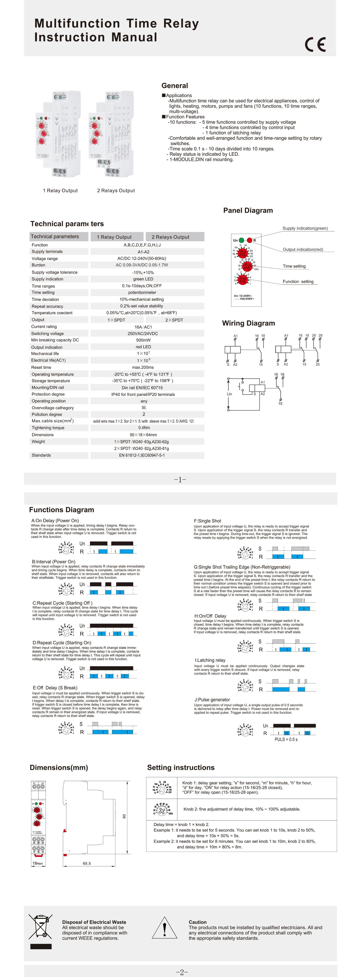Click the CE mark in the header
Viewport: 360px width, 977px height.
(x=315, y=45)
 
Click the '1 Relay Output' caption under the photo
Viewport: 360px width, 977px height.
(x=60, y=190)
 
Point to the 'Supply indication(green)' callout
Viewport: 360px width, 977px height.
(x=305, y=228)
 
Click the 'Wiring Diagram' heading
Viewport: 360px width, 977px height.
(x=248, y=323)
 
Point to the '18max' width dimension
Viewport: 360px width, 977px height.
(x=38, y=863)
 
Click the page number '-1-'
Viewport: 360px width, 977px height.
(x=180, y=479)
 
